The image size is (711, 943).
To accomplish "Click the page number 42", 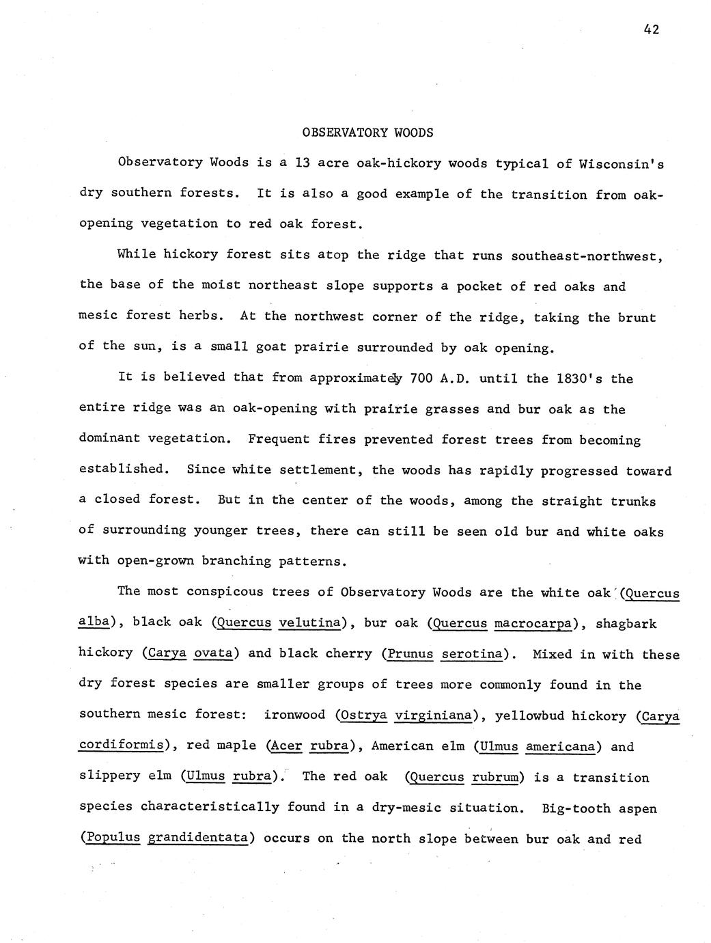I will coord(650,29).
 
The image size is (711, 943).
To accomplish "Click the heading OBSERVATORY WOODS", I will coord(367,133).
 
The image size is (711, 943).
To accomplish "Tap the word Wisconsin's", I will coord(621,165).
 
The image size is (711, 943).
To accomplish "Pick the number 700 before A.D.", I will coord(423,378).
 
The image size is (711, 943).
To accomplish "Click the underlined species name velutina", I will coord(309,623).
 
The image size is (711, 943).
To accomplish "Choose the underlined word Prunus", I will coord(410,654).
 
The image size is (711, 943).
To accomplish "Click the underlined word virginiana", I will coord(434,715).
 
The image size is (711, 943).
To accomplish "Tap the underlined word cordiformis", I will coord(122,746).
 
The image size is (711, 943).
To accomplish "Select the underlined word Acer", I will coord(285,746).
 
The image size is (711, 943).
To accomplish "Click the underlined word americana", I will coord(561,746).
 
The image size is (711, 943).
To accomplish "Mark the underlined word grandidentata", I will coord(197,838).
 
